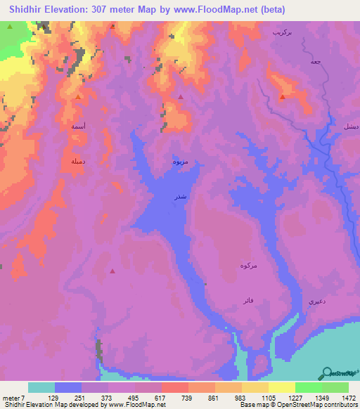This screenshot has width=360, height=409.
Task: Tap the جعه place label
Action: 316,63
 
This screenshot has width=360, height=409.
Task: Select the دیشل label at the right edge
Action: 349,126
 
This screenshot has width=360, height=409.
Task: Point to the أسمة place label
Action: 79,126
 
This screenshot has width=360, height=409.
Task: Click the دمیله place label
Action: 78,161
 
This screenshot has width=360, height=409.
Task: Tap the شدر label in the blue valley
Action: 181,197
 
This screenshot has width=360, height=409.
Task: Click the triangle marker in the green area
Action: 10,27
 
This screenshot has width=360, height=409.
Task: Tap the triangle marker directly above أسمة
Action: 78,97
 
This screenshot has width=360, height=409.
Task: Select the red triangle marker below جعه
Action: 282,97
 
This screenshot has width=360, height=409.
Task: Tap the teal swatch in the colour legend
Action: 41,387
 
